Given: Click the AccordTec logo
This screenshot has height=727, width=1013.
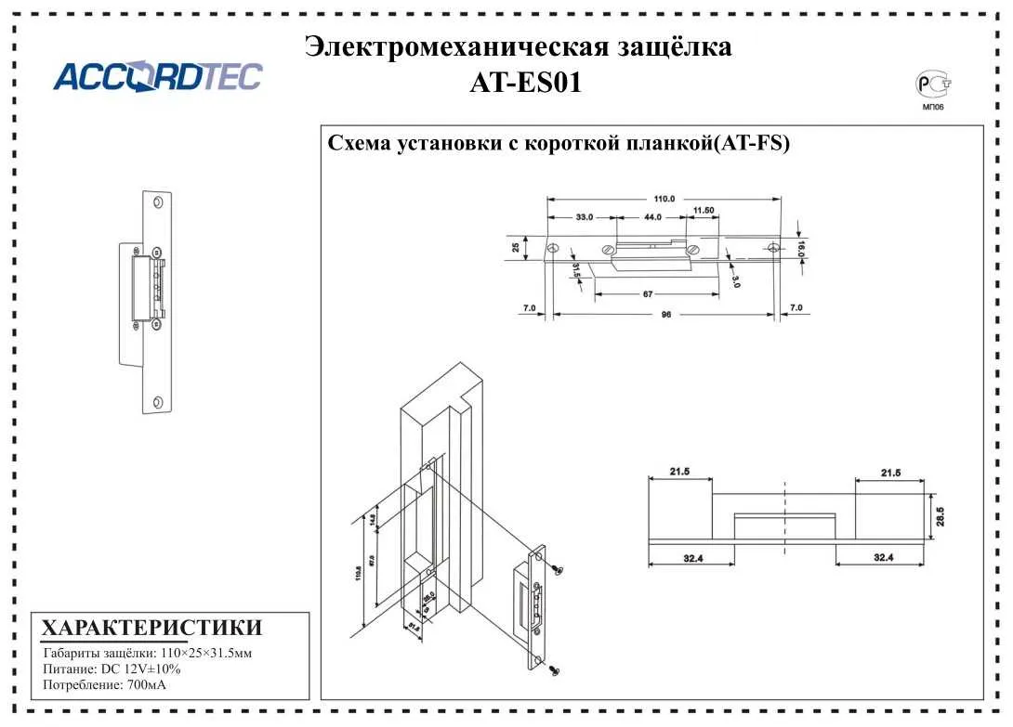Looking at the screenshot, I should point(157,77).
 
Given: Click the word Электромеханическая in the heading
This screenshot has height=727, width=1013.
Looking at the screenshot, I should point(455,46).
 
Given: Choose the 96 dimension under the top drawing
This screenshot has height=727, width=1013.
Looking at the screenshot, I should point(665,315).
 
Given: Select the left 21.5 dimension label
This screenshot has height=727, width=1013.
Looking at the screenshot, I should point(679,473).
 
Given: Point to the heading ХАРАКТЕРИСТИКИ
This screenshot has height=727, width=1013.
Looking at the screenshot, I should point(152,627).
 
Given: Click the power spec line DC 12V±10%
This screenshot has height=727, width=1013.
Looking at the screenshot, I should point(112,669).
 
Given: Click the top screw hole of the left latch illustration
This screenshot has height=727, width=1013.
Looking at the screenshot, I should point(155,204).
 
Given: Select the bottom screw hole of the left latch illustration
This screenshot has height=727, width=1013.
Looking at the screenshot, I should point(157,401).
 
